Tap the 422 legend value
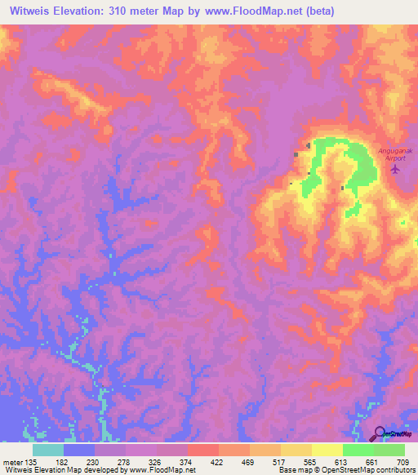click(216, 462)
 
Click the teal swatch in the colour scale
click(48, 450)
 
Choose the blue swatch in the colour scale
click(79, 450)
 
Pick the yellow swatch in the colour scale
click(327, 450)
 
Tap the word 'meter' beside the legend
click(13, 462)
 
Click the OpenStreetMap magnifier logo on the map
click(380, 433)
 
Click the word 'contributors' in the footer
click(395, 470)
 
